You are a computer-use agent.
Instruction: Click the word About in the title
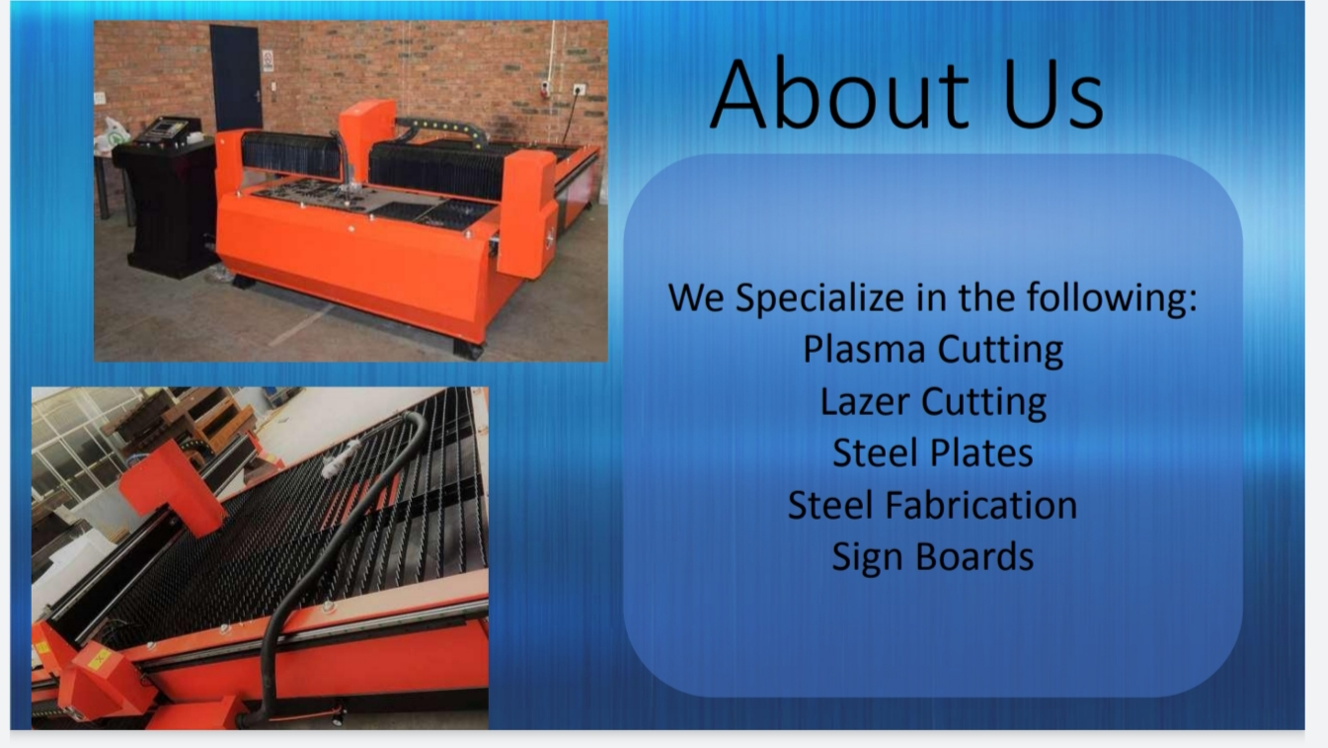pyautogui.click(x=839, y=93)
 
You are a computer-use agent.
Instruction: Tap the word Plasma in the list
pyautogui.click(x=864, y=350)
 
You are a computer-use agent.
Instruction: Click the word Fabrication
pyautogui.click(x=981, y=505)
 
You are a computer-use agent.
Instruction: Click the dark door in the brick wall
pyautogui.click(x=235, y=76)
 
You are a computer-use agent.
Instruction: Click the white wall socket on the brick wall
pyautogui.click(x=579, y=90)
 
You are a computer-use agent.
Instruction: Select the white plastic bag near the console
pyautogui.click(x=112, y=135)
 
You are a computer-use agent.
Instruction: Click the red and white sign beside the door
pyautogui.click(x=268, y=60)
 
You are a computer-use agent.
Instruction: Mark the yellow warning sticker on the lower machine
pyautogui.click(x=99, y=658)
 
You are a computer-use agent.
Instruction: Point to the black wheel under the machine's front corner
pyautogui.click(x=468, y=350)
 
